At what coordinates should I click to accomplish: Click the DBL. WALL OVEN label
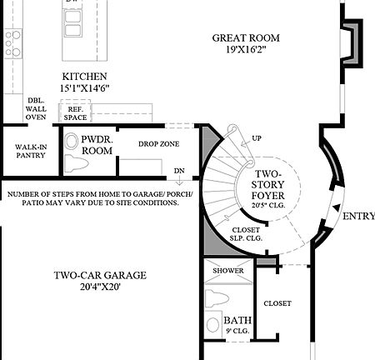point(37,107)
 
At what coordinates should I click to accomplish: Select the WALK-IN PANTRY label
point(31,150)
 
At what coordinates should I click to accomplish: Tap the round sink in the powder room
point(71,141)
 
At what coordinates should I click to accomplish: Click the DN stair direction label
point(179,172)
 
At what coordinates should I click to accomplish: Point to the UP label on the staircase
point(256,138)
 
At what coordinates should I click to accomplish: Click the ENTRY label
point(357,216)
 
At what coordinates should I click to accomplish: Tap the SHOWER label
point(227,270)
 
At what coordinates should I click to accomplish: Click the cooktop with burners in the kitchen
point(12,42)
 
